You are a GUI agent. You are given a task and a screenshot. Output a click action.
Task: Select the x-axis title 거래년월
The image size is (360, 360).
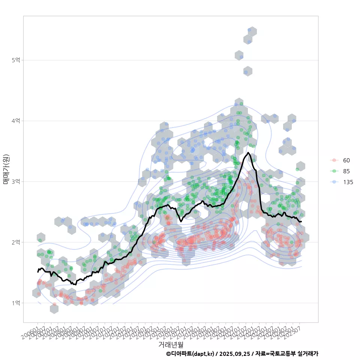click(x=171, y=344)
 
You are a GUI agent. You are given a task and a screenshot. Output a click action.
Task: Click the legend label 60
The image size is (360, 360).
click(x=346, y=160)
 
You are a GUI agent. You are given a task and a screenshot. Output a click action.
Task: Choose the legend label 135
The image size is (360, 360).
click(x=348, y=182)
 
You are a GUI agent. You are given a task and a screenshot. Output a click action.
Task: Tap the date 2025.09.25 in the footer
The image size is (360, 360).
click(x=234, y=354)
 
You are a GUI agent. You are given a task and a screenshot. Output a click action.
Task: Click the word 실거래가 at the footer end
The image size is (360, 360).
click(x=308, y=354)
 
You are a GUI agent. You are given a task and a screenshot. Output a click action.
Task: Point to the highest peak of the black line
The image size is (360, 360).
click(x=248, y=152)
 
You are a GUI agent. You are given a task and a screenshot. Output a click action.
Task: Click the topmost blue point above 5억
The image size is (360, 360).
click(x=250, y=30)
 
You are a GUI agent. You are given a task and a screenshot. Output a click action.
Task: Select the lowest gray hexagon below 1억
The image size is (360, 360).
click(x=54, y=309)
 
